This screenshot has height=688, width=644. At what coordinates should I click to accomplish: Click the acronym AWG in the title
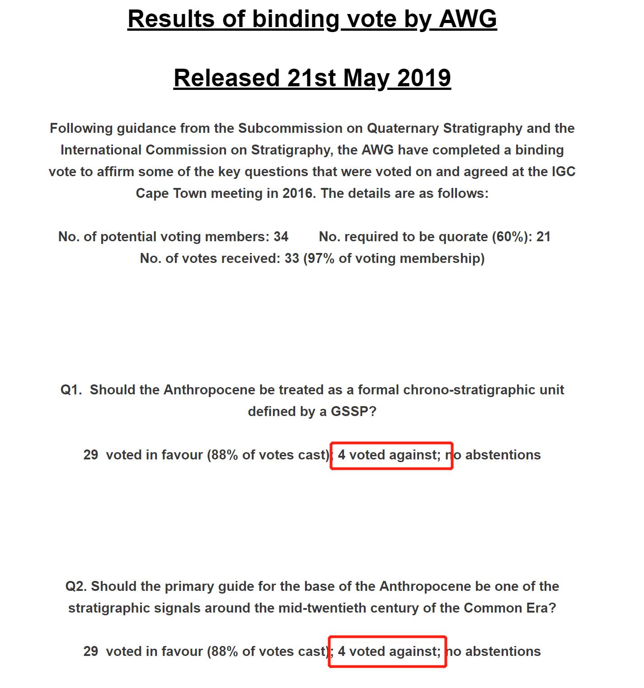tap(468, 19)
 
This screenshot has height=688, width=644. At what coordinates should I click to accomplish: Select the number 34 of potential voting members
tap(281, 237)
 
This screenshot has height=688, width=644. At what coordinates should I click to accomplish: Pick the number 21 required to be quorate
tap(543, 237)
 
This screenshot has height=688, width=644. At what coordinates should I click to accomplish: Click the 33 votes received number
tap(291, 258)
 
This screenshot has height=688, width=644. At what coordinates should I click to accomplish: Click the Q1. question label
tap(71, 390)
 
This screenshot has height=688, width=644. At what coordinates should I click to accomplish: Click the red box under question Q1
tap(391, 456)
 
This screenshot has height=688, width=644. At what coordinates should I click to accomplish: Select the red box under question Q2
tap(388, 652)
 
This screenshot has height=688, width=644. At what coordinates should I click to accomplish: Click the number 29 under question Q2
tap(90, 651)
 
